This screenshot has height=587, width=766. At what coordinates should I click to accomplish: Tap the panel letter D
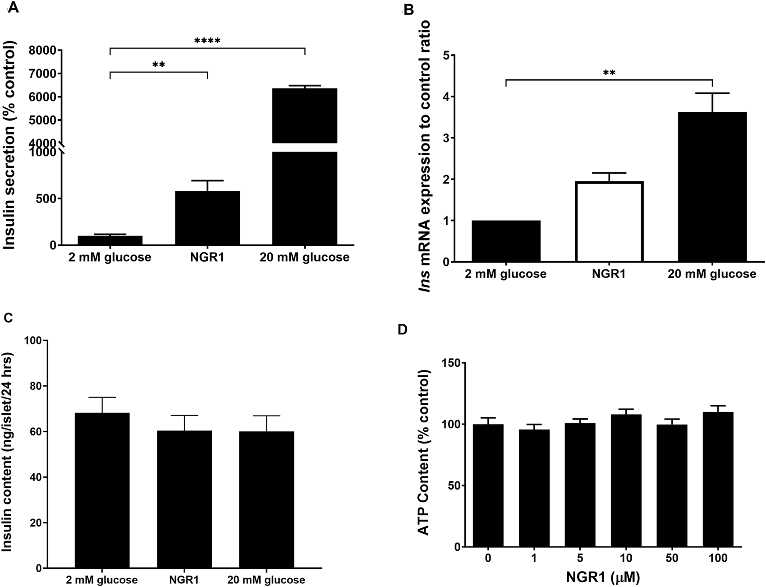click(x=401, y=330)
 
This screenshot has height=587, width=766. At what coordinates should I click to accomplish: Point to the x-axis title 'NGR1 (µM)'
click(x=603, y=577)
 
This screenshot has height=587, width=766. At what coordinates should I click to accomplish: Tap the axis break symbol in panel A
click(x=63, y=148)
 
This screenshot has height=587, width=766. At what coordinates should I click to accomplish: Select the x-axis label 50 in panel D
click(x=672, y=559)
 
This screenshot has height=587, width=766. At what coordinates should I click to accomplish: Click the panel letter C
click(x=8, y=318)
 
